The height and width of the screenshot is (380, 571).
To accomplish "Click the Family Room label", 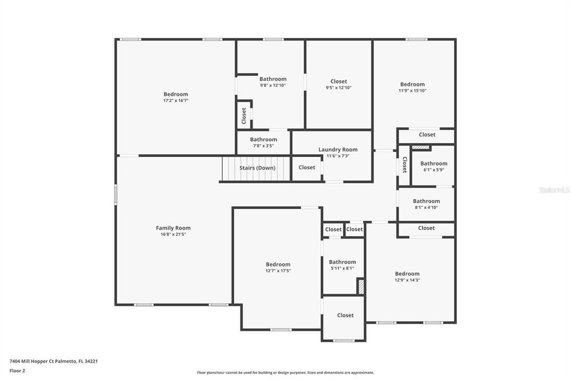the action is [173, 228].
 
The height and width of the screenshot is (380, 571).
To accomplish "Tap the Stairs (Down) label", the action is [257, 168].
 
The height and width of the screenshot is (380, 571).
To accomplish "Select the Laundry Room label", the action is [338, 149].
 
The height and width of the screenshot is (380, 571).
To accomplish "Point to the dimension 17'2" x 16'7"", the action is [176, 100].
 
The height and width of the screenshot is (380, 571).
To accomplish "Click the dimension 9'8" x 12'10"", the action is [273, 85].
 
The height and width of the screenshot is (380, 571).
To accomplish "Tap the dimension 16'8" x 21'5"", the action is [173, 235].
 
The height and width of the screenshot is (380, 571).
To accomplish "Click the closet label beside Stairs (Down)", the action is [307, 167].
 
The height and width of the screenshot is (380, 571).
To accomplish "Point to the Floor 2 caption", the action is [17, 371].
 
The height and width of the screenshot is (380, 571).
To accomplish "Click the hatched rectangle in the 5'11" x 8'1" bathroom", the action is [361, 286].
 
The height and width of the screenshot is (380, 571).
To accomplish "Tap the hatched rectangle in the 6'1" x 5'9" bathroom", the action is [421, 148].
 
